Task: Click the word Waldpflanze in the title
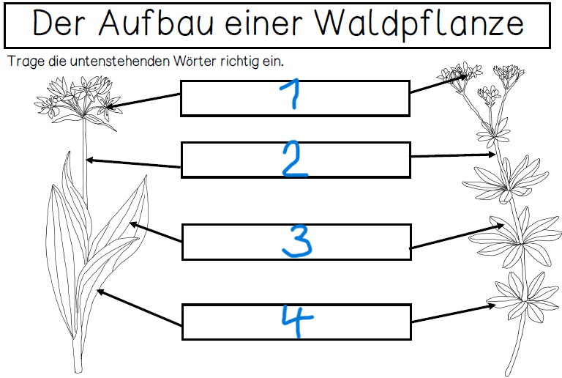(419, 24)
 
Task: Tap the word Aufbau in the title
(156, 22)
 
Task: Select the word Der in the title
(59, 22)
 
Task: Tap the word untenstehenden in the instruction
(120, 62)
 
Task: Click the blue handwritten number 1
(291, 93)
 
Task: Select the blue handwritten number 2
(295, 159)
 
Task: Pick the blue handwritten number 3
(297, 241)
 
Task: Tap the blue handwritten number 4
(297, 320)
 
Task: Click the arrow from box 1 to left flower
(143, 100)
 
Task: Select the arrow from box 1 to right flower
(439, 84)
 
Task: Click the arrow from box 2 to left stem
(133, 163)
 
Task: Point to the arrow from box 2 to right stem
(453, 155)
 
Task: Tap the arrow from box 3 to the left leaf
(156, 231)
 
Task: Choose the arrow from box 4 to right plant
(454, 313)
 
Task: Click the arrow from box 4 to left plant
(140, 308)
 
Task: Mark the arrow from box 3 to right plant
(457, 237)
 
